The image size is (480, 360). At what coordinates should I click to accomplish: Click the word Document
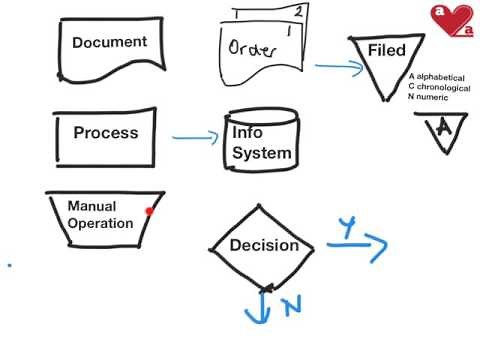[109, 42]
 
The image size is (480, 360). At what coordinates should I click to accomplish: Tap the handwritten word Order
[249, 49]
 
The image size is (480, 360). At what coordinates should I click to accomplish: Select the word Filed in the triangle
[387, 50]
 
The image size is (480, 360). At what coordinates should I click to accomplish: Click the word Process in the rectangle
[106, 133]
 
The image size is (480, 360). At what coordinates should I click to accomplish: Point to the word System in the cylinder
[262, 153]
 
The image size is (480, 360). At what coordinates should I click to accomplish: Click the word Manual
[92, 206]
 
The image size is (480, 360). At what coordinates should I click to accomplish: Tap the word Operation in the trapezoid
[100, 223]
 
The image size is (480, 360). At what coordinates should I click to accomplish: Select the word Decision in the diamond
[264, 245]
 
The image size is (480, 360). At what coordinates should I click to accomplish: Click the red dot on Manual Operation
[149, 211]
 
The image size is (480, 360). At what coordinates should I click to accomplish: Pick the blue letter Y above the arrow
[346, 229]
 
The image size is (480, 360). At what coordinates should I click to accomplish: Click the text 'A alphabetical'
[436, 77]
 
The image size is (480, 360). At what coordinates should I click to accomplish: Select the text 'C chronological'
[438, 88]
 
